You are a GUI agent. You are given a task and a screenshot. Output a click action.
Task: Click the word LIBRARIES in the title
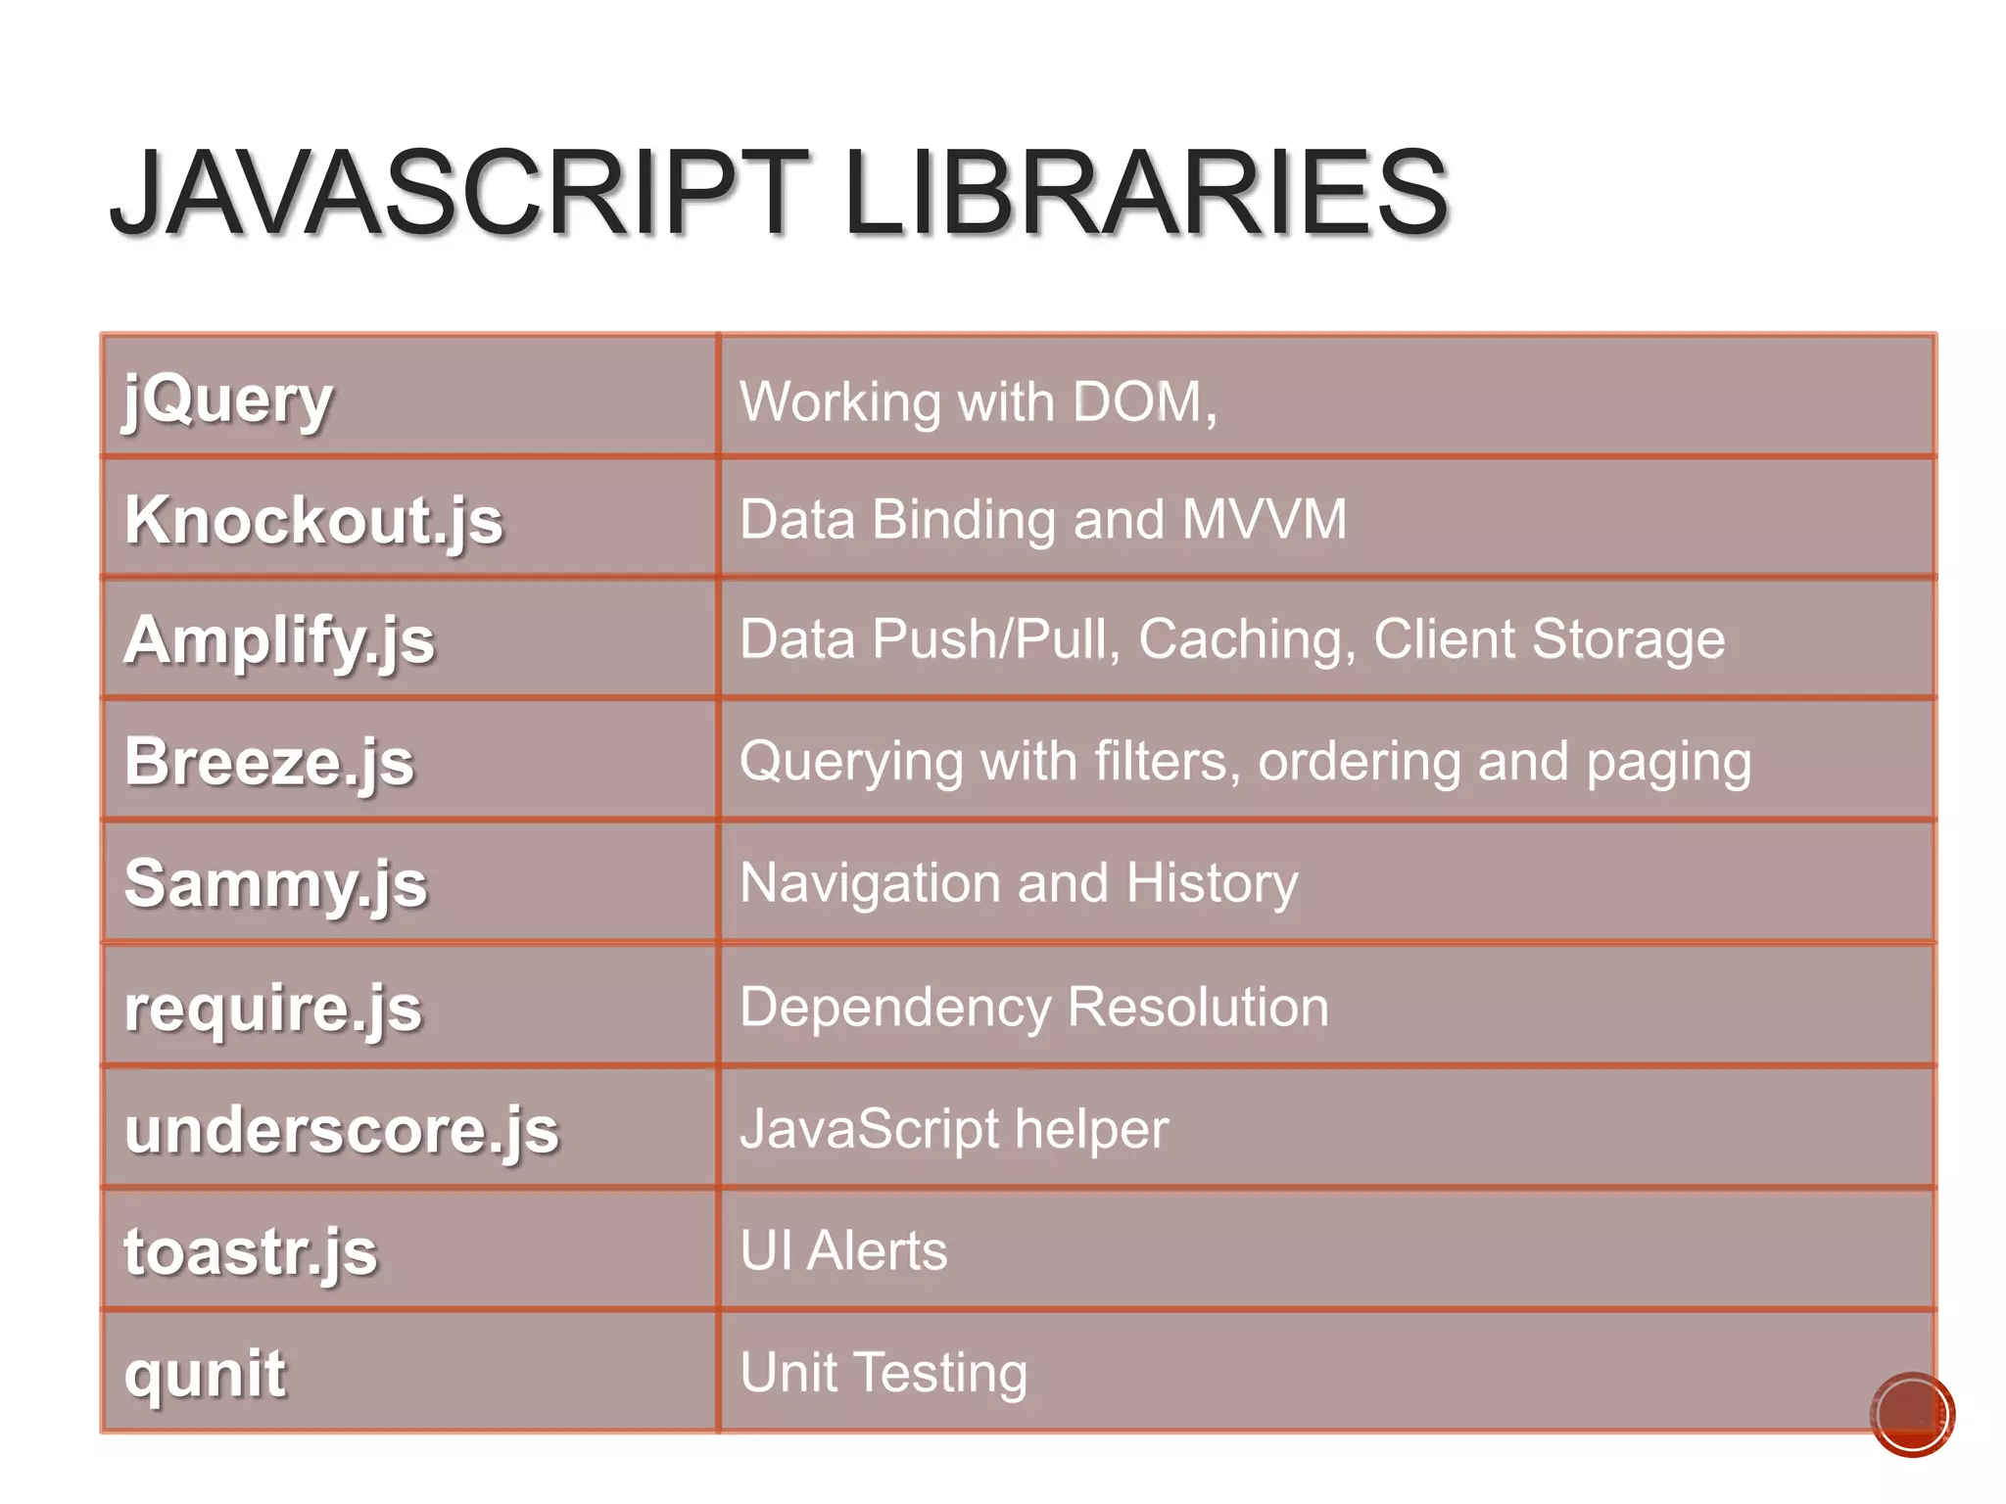(x=1145, y=193)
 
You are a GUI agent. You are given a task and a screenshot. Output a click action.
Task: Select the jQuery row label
(x=228, y=399)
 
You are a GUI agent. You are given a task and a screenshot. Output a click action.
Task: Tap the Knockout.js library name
(x=313, y=520)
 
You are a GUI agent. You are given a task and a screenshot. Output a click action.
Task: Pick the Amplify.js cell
(x=279, y=641)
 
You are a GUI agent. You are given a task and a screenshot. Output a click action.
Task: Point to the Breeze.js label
(x=269, y=763)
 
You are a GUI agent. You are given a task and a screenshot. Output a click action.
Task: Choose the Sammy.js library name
(x=275, y=884)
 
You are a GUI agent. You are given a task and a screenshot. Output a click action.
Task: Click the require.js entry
(x=273, y=1008)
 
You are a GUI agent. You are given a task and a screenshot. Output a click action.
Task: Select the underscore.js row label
(x=341, y=1130)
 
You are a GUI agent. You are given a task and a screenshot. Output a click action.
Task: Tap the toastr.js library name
(x=250, y=1252)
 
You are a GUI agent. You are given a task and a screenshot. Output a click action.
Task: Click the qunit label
(x=205, y=1374)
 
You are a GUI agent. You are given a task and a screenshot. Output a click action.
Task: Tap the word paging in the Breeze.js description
(x=1668, y=763)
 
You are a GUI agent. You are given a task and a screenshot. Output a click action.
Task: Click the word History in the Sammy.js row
(x=1212, y=883)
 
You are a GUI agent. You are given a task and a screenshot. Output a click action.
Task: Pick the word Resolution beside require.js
(x=1198, y=1007)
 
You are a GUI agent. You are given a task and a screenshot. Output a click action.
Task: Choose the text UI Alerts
(x=843, y=1250)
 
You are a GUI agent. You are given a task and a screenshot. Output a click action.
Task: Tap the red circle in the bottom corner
(x=1911, y=1414)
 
